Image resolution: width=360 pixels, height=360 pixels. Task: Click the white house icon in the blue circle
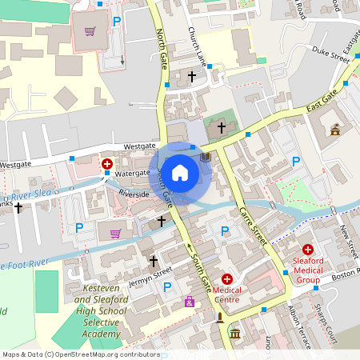point(180,172)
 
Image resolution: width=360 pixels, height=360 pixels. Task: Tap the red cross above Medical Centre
point(227,278)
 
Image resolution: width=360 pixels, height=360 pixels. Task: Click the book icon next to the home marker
point(206,157)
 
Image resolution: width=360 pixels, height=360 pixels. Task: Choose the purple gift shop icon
point(190,302)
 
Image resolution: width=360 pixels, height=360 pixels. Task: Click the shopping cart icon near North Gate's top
point(90,32)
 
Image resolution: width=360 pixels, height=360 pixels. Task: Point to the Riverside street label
point(134,194)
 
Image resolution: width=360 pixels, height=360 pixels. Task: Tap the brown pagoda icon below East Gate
point(335,130)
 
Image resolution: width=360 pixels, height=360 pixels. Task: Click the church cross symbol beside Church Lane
point(191,77)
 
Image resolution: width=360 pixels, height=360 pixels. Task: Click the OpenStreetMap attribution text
point(80,354)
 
